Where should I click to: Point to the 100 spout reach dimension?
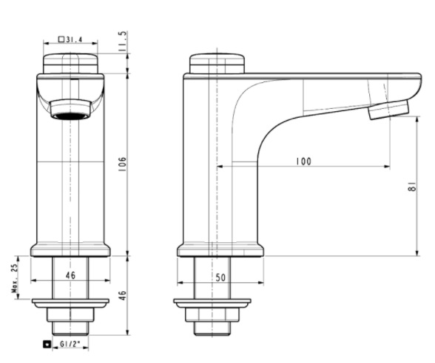[303, 161]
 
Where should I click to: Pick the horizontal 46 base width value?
[70, 275]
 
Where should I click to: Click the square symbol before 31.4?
[61, 39]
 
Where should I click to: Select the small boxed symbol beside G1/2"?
[49, 344]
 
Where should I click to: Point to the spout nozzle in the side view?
[388, 110]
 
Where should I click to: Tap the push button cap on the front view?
[70, 63]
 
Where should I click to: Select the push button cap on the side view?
[217, 63]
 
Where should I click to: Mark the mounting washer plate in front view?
[70, 302]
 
